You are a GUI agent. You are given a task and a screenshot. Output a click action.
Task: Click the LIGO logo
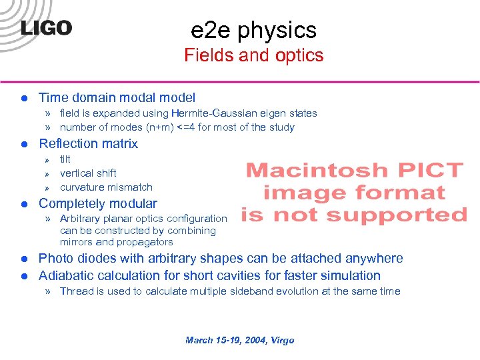click(x=45, y=27)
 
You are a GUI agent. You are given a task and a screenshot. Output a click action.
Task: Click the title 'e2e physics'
click(x=253, y=30)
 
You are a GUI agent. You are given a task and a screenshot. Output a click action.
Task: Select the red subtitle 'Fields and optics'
click(x=253, y=55)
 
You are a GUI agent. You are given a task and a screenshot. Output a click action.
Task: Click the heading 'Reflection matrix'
click(x=88, y=143)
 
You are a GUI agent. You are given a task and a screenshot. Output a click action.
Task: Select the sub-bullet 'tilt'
click(x=65, y=159)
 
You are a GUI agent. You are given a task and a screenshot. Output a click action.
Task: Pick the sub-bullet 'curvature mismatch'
click(x=106, y=187)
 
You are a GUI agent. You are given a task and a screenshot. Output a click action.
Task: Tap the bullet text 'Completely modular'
click(x=98, y=203)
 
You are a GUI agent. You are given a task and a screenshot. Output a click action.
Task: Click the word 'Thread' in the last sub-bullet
click(x=76, y=291)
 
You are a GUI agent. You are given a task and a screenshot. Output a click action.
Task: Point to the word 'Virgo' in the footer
click(x=281, y=340)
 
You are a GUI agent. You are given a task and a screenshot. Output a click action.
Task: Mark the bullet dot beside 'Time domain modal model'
click(x=23, y=98)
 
